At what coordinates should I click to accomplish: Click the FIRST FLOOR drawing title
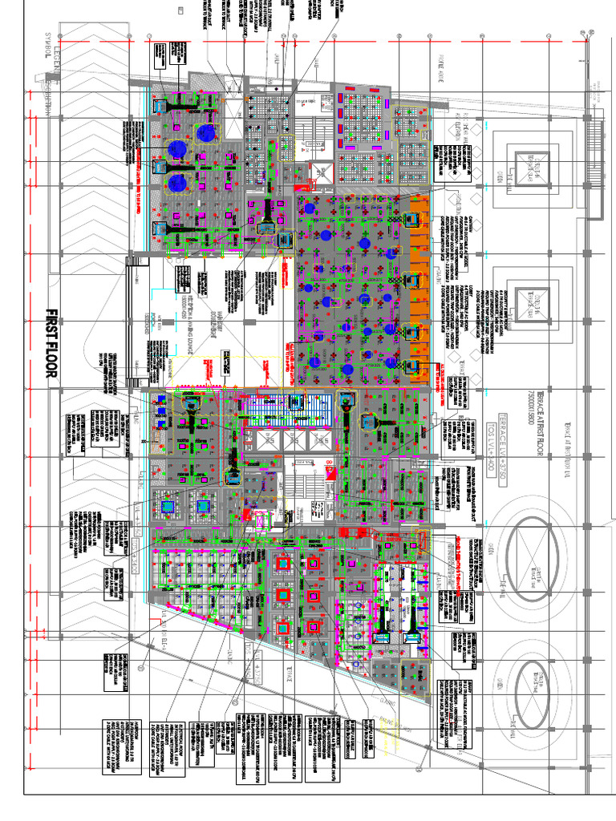point(53,344)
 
